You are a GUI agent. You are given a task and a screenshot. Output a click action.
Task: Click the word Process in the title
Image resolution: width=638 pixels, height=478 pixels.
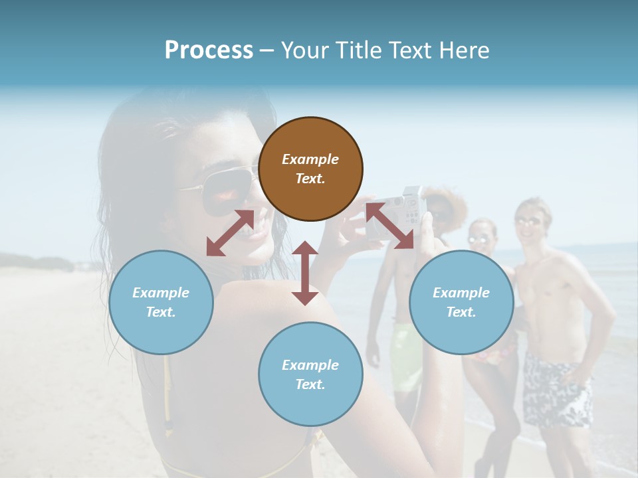(x=209, y=50)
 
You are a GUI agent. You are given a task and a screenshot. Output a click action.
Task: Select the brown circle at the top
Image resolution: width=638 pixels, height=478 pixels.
(x=310, y=169)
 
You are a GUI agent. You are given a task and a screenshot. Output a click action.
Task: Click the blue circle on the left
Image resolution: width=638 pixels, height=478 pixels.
(x=161, y=302)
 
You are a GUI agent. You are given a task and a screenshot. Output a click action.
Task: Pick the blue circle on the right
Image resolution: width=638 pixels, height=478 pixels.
(x=461, y=302)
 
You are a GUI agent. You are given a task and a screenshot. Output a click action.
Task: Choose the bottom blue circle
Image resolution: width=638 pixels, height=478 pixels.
(x=310, y=374)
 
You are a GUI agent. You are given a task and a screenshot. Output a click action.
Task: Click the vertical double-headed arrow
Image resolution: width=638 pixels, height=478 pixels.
(x=305, y=273)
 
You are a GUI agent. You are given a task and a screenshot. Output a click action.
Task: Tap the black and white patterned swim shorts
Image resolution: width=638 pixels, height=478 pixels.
(x=556, y=392)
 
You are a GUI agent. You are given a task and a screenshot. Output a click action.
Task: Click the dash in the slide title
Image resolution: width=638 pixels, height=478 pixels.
(x=267, y=50)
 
